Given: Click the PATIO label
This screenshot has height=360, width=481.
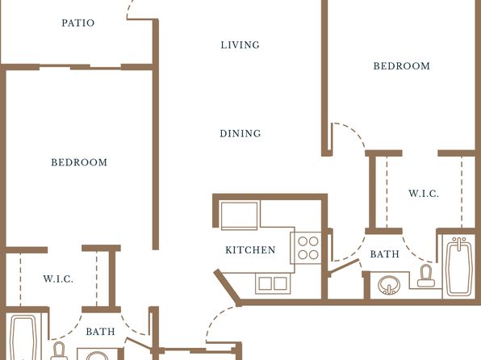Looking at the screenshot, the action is (78, 23).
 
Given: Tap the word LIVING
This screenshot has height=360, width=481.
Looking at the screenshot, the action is (240, 45).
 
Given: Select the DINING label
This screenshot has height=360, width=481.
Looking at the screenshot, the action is (240, 133).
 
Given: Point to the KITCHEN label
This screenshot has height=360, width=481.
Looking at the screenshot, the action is (250, 250).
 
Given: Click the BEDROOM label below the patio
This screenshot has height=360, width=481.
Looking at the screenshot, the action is (79, 162).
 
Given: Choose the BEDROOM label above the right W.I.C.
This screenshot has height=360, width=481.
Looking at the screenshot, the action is (402, 66).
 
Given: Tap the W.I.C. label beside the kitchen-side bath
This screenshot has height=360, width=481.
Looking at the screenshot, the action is (424, 194).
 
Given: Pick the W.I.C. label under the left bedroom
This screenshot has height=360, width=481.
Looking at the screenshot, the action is (58, 279).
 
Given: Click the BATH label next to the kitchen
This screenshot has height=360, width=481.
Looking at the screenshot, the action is (385, 254).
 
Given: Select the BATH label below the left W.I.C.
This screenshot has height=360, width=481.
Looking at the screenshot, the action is (100, 332).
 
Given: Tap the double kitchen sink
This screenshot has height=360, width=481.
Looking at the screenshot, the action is (273, 283).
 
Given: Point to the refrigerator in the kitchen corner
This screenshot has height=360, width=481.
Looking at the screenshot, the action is (239, 216).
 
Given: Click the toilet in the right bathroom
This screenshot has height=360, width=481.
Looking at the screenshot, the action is (426, 276).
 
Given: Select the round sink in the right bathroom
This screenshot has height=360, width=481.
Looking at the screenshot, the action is (389, 285).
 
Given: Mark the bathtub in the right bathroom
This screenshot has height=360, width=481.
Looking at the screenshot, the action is (459, 267).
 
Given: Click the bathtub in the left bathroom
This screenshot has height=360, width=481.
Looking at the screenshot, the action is (23, 337).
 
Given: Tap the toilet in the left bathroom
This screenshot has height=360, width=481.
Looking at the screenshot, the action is (59, 351).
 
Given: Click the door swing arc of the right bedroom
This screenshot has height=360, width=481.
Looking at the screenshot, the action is (353, 131).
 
